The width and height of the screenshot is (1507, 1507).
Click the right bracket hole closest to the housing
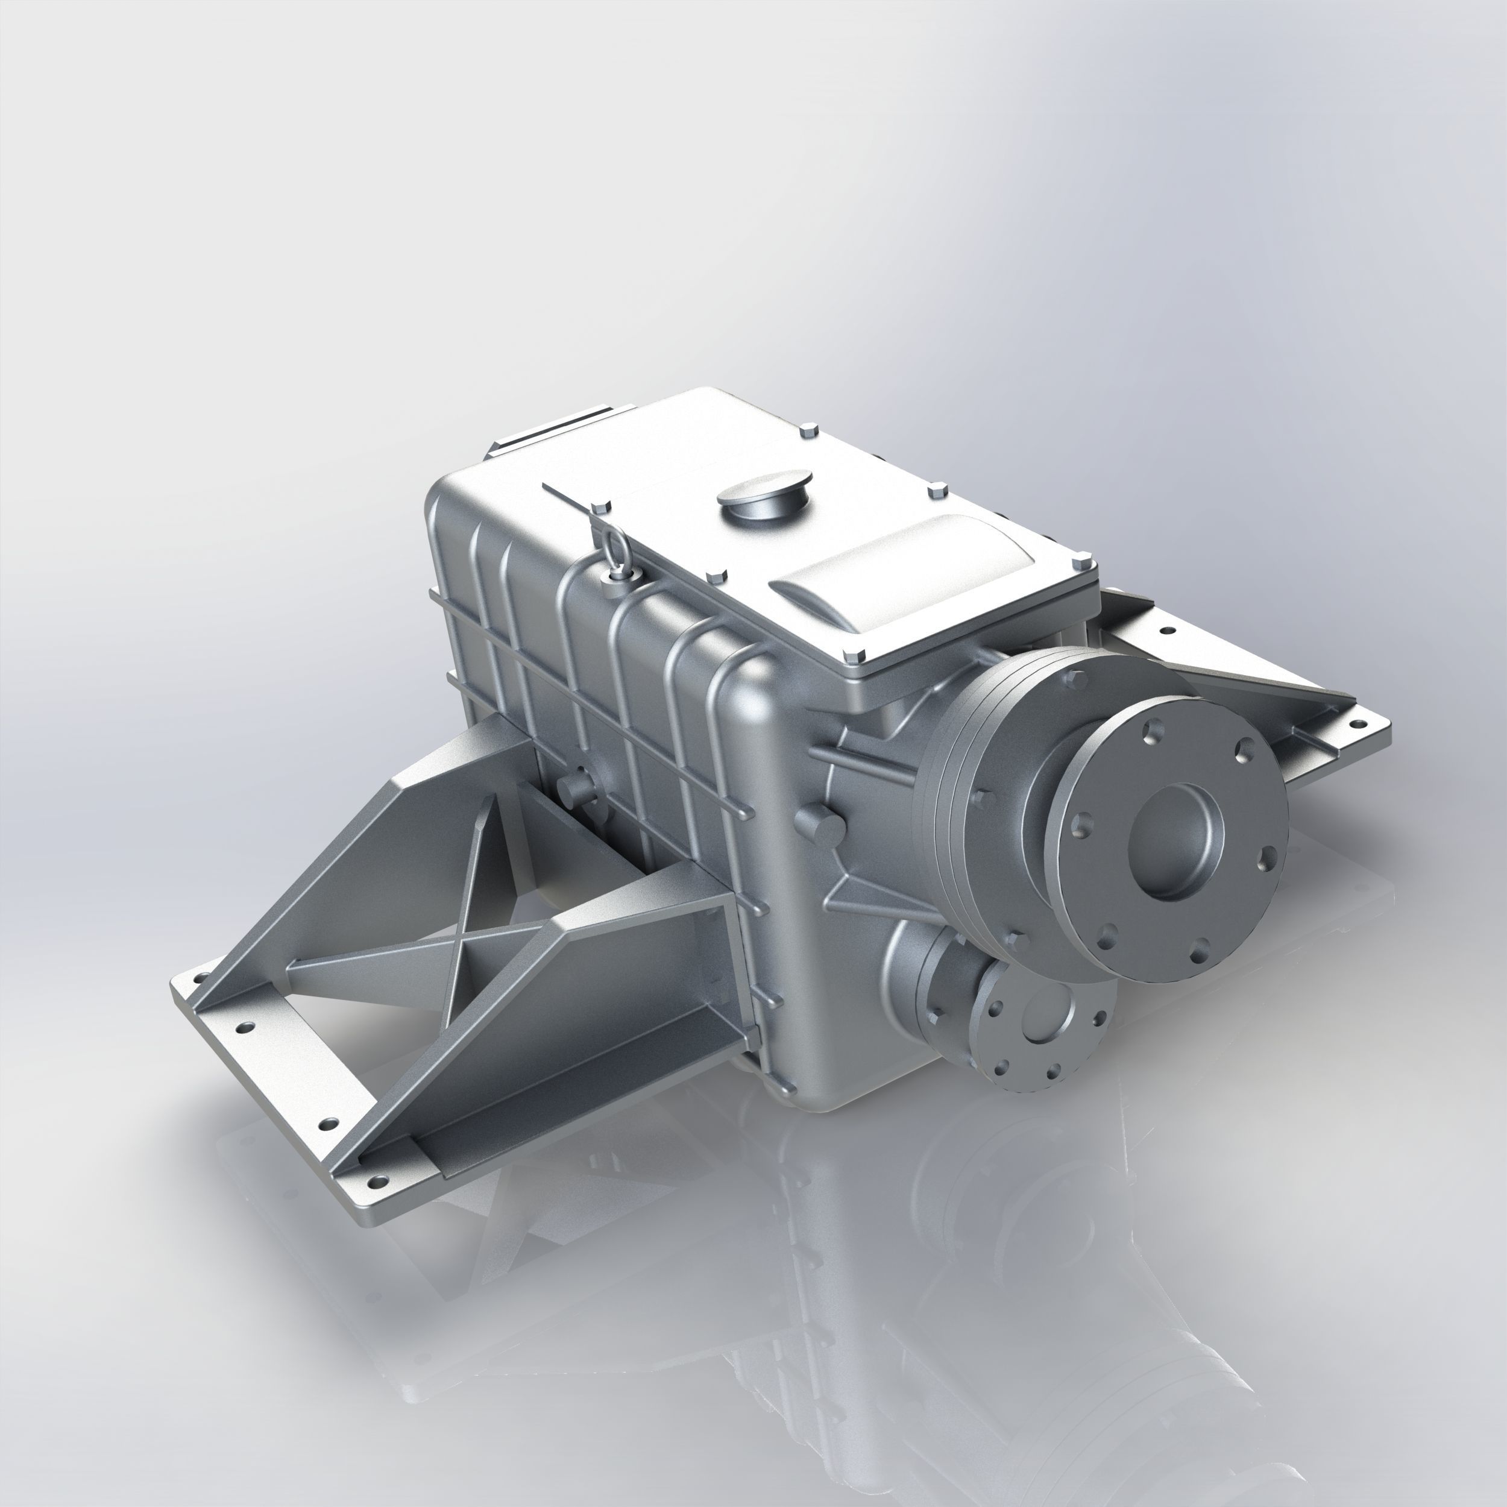(1167, 631)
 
